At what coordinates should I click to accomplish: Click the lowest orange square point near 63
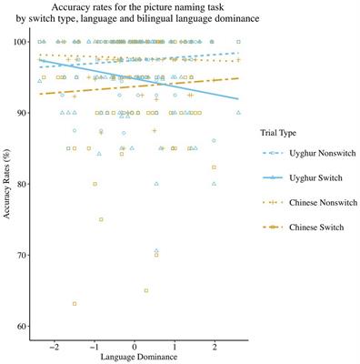(75, 304)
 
